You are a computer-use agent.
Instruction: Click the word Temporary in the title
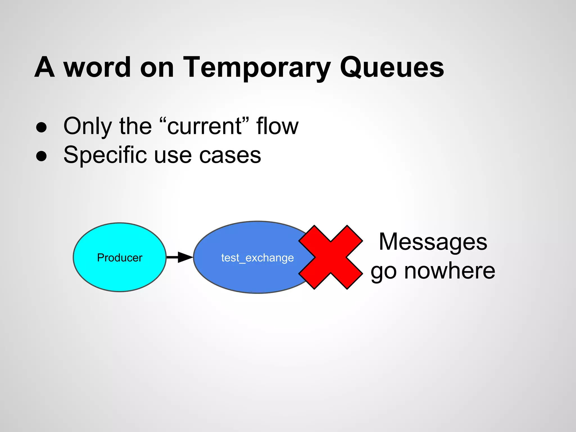(256, 67)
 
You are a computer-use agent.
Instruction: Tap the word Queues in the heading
(391, 67)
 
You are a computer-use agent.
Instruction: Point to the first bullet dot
(41, 127)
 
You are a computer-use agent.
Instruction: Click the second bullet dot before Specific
(41, 156)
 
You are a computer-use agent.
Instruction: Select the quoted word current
(204, 126)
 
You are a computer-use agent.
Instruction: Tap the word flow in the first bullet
(277, 126)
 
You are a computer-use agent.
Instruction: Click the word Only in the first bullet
(87, 126)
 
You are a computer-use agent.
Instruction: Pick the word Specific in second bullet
(105, 155)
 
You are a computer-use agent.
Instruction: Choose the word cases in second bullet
(230, 155)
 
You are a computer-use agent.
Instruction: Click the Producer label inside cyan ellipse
(120, 258)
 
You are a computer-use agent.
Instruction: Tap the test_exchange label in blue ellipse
(257, 258)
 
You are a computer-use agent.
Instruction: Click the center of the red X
(330, 257)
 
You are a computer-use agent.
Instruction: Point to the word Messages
(433, 242)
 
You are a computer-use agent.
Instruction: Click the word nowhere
(449, 271)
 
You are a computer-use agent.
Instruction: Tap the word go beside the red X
(384, 272)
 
